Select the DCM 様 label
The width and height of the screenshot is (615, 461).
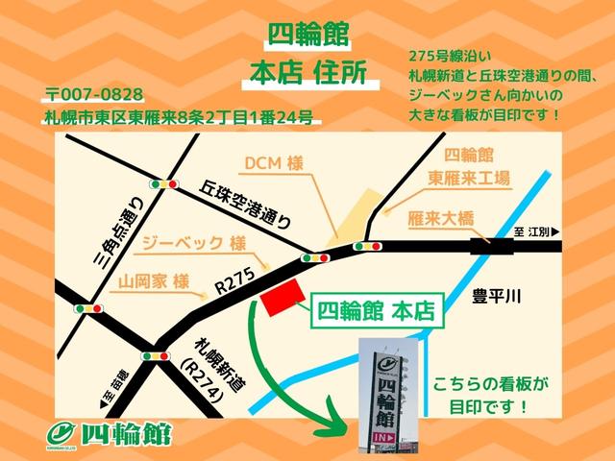(273, 163)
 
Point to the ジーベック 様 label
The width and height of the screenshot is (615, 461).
(191, 244)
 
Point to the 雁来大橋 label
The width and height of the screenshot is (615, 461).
(442, 218)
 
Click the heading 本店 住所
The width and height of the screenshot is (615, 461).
(307, 73)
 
